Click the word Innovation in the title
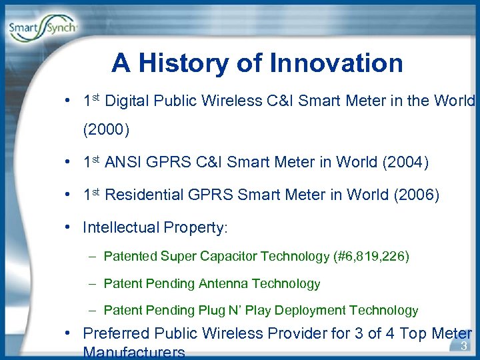336,63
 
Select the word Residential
145,195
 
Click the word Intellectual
119,227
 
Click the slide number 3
463,345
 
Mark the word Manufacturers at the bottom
133,352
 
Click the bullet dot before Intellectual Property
69,227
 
